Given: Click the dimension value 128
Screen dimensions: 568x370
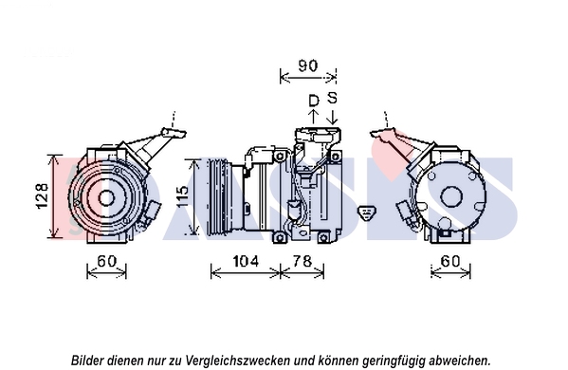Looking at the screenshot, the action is (x=42, y=195).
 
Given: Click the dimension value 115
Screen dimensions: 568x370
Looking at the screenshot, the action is (x=182, y=196).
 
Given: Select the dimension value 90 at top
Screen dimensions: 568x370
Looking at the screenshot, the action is (x=308, y=65).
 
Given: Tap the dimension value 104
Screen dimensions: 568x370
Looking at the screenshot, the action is (x=246, y=261).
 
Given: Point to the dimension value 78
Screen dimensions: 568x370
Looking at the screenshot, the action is (x=302, y=261).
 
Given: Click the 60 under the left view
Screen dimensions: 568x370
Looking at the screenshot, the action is (x=107, y=261).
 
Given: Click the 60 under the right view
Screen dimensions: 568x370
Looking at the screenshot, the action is (x=450, y=261).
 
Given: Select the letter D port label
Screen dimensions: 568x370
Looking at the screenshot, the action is (x=313, y=101).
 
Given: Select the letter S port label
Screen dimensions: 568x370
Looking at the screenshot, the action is (x=332, y=98).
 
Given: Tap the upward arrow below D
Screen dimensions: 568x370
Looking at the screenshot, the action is (x=313, y=117).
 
